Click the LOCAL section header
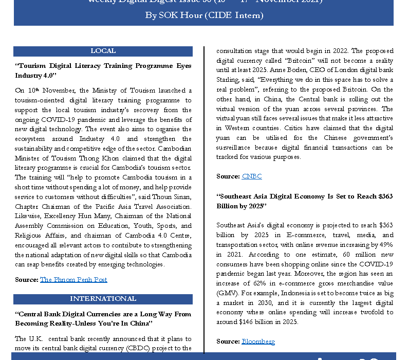coord(103,51)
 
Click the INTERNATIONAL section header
coord(103,299)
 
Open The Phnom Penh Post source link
coord(73,279)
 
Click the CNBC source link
coord(252,176)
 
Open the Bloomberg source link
coord(258,341)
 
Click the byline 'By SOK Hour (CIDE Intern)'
coord(204,15)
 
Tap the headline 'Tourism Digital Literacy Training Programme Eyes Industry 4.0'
coord(103,70)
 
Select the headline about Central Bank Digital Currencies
coord(103,318)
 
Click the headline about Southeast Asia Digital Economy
coord(305,201)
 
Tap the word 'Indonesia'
coord(279,293)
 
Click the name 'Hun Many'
coord(97,216)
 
